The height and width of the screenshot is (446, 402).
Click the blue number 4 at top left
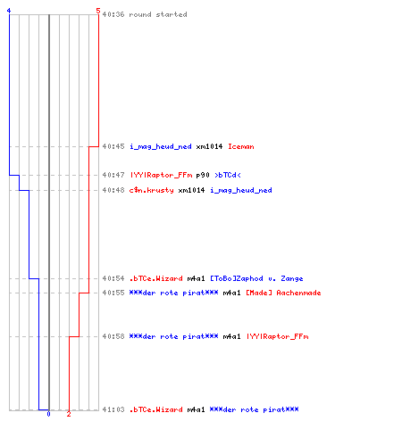(x=9, y=11)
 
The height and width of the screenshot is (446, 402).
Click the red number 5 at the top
(x=98, y=11)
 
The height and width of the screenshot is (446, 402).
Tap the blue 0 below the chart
(x=48, y=414)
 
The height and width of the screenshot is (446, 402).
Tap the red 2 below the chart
(x=69, y=414)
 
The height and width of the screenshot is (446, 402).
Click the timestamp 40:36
(x=113, y=14)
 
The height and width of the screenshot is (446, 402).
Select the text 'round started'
(x=158, y=14)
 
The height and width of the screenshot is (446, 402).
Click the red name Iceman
(x=241, y=146)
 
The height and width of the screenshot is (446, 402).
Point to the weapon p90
(x=203, y=175)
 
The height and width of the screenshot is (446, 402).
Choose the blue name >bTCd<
(x=228, y=175)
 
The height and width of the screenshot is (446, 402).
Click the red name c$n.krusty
(x=151, y=190)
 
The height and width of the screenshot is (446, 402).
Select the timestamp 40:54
(x=113, y=278)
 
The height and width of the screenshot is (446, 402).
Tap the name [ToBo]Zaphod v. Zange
(x=256, y=278)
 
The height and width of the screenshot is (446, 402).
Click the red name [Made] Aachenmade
(x=283, y=293)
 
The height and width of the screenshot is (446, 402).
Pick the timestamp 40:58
(x=113, y=336)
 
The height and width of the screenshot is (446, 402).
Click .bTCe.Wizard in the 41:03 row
(x=155, y=409)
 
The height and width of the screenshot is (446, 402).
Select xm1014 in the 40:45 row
(x=209, y=146)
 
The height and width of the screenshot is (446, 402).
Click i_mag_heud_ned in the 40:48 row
(x=241, y=190)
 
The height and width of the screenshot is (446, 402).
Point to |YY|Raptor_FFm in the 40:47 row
(x=161, y=175)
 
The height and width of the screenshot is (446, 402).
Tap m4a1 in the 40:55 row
(x=231, y=293)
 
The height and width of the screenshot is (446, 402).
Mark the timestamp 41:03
(x=113, y=409)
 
